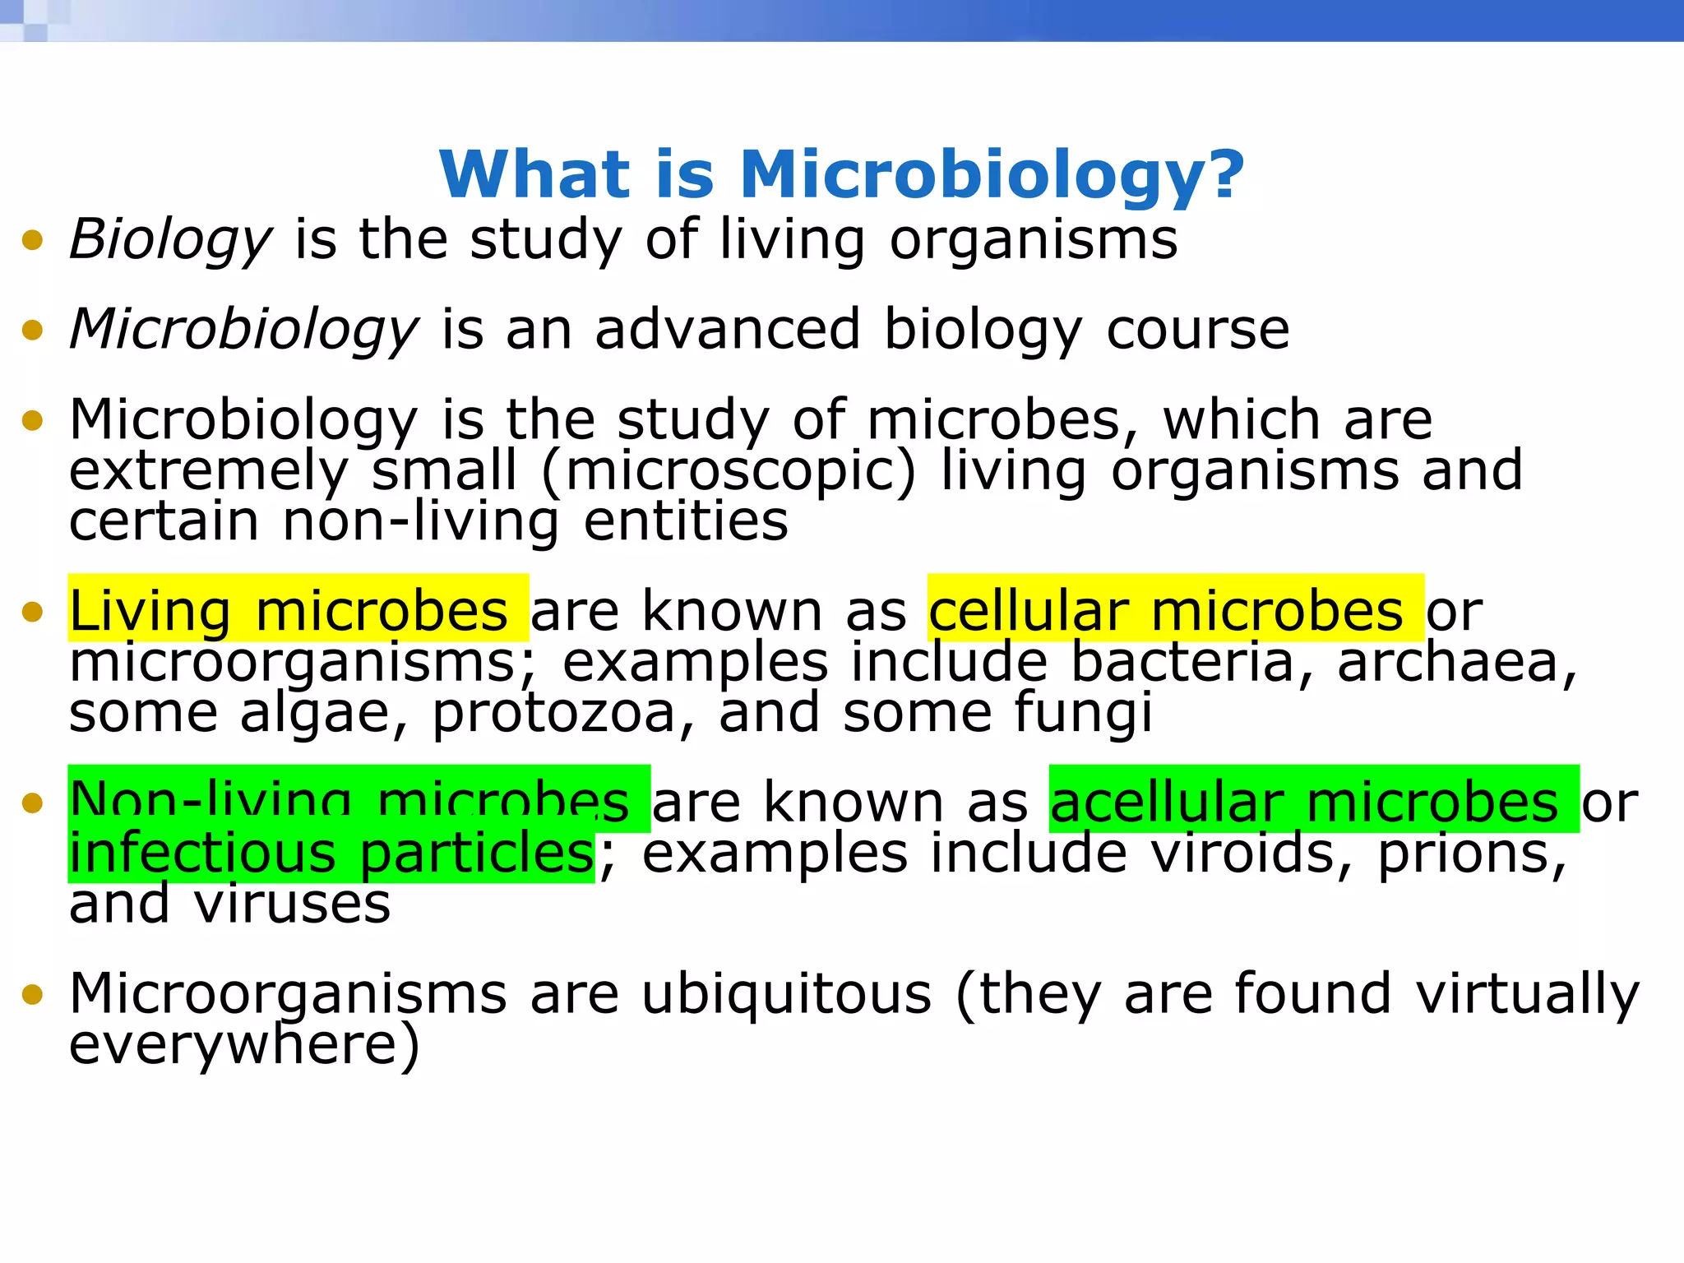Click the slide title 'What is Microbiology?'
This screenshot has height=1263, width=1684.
click(x=842, y=174)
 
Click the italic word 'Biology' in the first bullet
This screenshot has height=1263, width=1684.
click(x=170, y=240)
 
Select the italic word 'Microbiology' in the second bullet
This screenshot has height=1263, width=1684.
click(x=244, y=330)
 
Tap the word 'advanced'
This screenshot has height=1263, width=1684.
click(x=728, y=330)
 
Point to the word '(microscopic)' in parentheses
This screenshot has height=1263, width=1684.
click(x=729, y=471)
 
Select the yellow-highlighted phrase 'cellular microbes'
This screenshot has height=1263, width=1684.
click(x=1166, y=611)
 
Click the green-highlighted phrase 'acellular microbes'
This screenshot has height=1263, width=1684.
click(x=1304, y=802)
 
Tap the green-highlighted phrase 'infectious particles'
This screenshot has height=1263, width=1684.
click(x=331, y=853)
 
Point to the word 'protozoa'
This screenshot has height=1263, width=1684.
click(x=553, y=713)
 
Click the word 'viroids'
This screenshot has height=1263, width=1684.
click(x=1242, y=853)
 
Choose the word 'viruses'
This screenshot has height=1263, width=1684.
click(x=292, y=904)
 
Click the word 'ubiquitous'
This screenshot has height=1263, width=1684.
click(x=787, y=994)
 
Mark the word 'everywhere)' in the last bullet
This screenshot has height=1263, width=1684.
click(x=244, y=1045)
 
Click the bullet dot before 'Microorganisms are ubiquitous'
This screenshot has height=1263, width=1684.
click(x=33, y=994)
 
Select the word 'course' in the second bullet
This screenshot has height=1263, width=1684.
click(x=1198, y=330)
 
